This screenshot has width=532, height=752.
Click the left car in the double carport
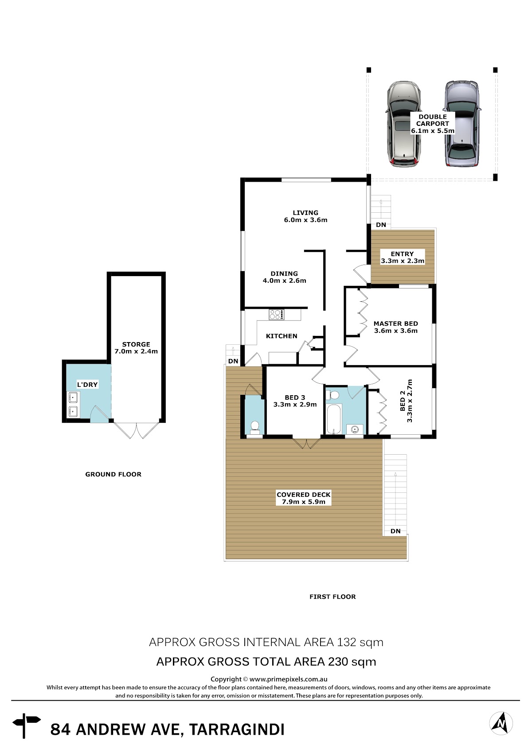coord(403,124)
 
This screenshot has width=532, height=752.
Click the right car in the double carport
coord(462,124)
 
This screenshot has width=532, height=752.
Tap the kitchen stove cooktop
coord(276,315)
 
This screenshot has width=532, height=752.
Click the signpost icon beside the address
coord(27,725)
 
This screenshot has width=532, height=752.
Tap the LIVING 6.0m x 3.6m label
coord(305,216)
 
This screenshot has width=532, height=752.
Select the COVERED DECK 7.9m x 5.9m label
coord(303,498)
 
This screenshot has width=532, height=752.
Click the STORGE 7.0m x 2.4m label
coord(136,348)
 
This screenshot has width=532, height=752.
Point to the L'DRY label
coord(87,384)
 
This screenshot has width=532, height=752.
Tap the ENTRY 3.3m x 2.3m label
coord(402,257)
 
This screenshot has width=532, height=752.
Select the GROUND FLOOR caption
coord(113,474)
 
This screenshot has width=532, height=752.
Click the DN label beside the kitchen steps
coord(233,361)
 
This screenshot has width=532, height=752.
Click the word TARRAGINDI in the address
coord(237,729)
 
